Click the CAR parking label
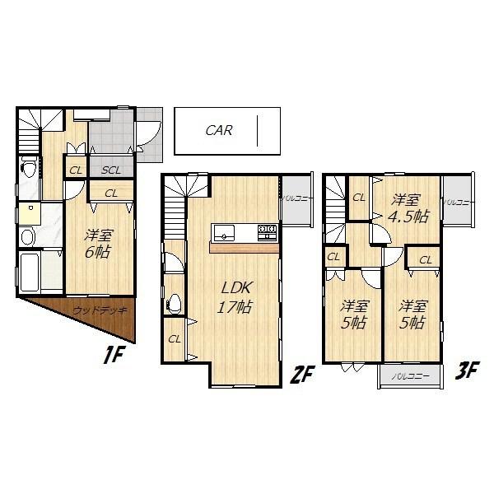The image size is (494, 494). point(218,130)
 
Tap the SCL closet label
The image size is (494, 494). point(112,170)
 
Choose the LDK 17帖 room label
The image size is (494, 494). point(235,296)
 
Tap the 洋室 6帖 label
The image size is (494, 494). point(97,244)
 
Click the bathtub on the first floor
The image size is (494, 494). point(30,271)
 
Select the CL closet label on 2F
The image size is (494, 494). point(175,338)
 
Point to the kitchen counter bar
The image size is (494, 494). point(245,246)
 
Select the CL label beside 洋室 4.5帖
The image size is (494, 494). point(359,198)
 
